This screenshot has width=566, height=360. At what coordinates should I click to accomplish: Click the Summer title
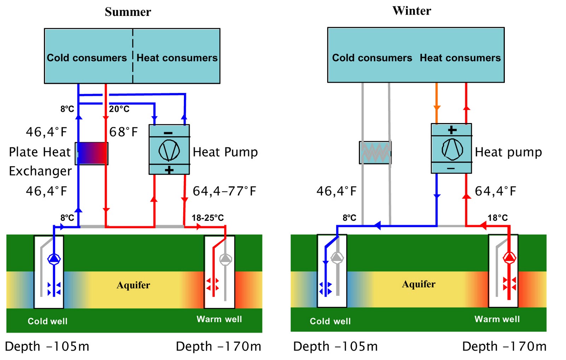tap(128, 12)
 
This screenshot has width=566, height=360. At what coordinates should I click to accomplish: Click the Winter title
tap(412, 11)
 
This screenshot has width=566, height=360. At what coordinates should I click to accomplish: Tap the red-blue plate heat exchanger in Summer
tap(92, 153)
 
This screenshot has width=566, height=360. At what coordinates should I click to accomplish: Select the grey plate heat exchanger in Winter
tap(375, 152)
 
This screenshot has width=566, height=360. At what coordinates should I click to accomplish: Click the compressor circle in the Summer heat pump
tap(169, 150)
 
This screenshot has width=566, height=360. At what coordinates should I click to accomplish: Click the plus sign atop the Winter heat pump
tap(452, 130)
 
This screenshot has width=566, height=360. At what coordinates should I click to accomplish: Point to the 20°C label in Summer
tap(119, 109)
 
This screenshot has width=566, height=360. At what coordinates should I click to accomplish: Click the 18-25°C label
tap(208, 218)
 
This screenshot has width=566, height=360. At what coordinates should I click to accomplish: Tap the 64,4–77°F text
tap(224, 191)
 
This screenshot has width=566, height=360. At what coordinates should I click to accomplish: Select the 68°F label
tap(123, 132)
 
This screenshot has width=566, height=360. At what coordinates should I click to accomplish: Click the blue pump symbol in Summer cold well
tap(54, 259)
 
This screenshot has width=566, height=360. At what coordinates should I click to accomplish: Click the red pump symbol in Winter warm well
tap(509, 257)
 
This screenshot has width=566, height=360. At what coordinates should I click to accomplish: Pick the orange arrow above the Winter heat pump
tap(437, 108)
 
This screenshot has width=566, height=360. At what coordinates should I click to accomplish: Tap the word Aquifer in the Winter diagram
tap(418, 284)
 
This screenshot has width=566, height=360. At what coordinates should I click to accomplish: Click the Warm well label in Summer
tap(219, 319)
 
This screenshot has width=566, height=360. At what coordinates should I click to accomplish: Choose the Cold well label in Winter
tap(330, 321)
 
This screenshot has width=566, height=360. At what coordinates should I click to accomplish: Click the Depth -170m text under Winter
tap(504, 347)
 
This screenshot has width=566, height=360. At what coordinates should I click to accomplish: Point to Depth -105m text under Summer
tap(47, 347)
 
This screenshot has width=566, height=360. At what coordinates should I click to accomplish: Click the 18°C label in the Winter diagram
tap(497, 218)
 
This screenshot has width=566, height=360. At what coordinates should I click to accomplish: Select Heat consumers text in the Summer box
tap(177, 58)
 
